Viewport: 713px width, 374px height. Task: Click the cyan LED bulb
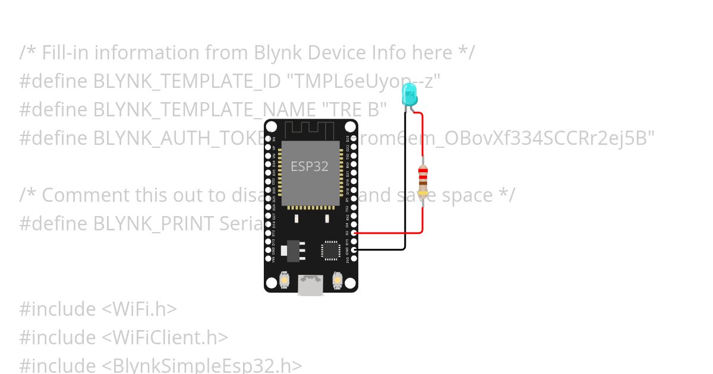409,94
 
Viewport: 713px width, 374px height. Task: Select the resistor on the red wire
422,180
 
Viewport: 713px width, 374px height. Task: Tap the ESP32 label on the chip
309,166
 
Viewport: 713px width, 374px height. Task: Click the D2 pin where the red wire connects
354,233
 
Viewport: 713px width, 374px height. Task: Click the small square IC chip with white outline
331,250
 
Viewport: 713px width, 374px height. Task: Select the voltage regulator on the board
292,251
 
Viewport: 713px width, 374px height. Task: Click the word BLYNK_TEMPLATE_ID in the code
186,81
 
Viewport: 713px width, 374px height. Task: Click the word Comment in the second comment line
84,195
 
